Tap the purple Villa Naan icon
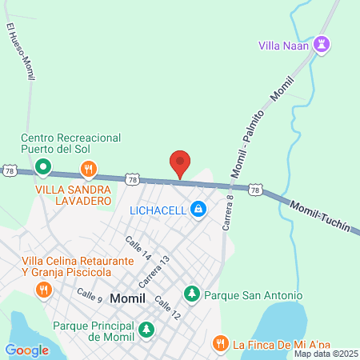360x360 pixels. click(322, 44)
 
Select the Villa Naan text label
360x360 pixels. click(284, 45)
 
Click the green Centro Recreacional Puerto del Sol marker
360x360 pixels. click(43, 169)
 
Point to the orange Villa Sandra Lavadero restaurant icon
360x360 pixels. click(89, 170)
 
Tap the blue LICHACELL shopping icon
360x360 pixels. click(198, 210)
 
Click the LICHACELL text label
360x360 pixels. click(158, 210)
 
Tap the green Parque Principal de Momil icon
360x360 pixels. click(146, 329)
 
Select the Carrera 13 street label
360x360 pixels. click(154, 272)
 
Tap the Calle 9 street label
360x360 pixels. click(90, 295)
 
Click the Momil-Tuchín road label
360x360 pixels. click(320, 216)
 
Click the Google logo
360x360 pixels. click(26, 350)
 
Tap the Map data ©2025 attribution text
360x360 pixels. click(326, 354)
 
